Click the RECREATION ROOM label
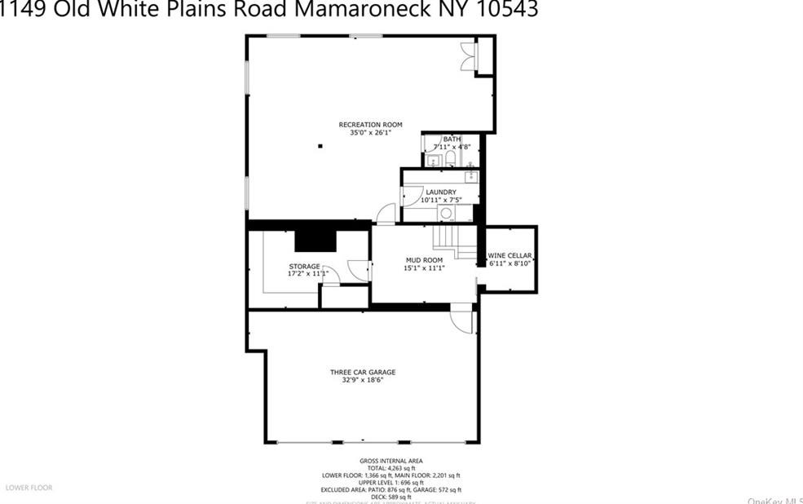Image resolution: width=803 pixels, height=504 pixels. pyautogui.click(x=370, y=125)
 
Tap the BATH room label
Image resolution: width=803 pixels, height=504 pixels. pyautogui.click(x=452, y=139)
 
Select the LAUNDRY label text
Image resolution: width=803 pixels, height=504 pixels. pyautogui.click(x=440, y=192)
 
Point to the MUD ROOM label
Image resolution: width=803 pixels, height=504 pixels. pyautogui.click(x=424, y=261)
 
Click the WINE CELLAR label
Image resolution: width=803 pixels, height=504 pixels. pyautogui.click(x=510, y=256)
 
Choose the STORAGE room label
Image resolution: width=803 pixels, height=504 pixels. pyautogui.click(x=304, y=267)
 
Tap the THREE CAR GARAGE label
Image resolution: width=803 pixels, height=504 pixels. pyautogui.click(x=363, y=373)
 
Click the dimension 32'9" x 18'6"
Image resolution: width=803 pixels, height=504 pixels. pyautogui.click(x=363, y=380)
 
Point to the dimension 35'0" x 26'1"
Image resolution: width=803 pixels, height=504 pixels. pyautogui.click(x=370, y=132)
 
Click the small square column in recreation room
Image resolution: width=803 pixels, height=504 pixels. pyautogui.click(x=320, y=146)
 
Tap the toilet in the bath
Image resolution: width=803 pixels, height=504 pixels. pyautogui.click(x=450, y=158)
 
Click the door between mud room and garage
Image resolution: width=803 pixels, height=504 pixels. pyautogui.click(x=462, y=319)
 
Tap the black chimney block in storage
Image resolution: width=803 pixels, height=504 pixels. pyautogui.click(x=315, y=239)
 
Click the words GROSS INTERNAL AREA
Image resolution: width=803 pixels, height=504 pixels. pyautogui.click(x=391, y=461)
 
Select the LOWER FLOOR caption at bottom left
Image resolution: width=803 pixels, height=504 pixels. pyautogui.click(x=29, y=488)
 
